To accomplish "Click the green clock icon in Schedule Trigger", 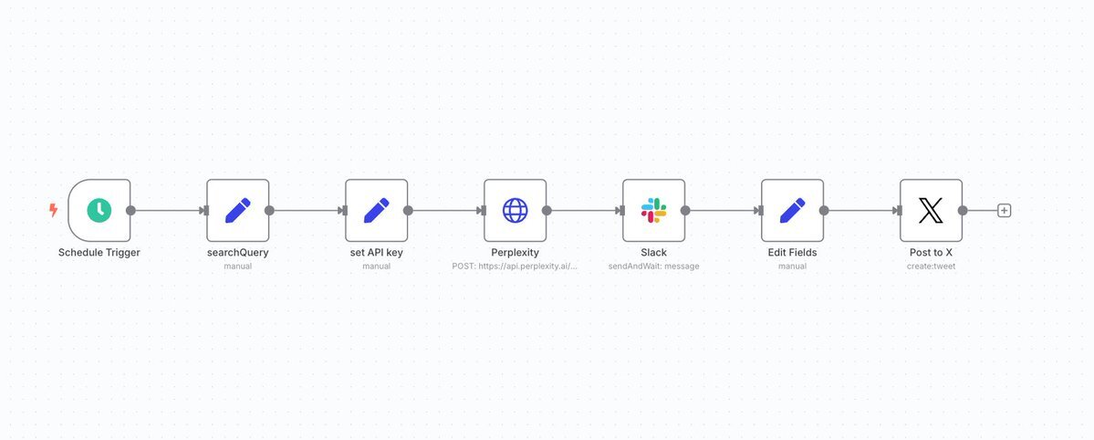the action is coord(99,210).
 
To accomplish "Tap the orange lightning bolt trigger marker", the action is coord(53,210).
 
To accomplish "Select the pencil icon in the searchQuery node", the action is coord(238,210).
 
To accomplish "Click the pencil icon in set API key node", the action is coord(377,210).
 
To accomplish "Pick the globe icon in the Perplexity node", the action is coord(515,210).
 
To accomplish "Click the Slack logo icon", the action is coord(653,210).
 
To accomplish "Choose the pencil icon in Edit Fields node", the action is coord(793,210).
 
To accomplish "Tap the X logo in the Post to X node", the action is coord(931,210).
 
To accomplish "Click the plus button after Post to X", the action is coord(1004,210).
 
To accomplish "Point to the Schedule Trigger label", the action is coord(99,253).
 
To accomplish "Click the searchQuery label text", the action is coord(238,253).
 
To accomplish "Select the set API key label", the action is coord(377,253).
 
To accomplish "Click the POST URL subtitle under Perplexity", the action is coord(515,266).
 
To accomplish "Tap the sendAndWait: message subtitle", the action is coord(653,266).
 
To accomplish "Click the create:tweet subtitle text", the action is coord(931,266).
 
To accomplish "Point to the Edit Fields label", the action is coord(793,253).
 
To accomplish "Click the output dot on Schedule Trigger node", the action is coord(130,210).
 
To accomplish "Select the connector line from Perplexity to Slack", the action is coord(584,210).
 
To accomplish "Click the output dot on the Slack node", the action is coord(685,210).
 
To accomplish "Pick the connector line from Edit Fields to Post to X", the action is coord(861,210).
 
